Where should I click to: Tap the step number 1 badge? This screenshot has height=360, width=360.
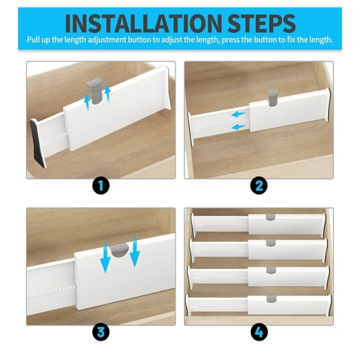[101, 185]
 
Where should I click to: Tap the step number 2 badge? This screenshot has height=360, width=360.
[259, 185]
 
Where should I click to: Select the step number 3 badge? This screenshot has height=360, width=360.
[101, 331]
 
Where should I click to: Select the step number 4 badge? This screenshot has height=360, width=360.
[259, 331]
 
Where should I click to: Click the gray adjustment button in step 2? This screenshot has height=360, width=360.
[272, 96]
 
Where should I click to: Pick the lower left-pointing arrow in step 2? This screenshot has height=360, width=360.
[239, 127]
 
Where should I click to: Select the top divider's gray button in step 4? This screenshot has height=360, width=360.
[269, 218]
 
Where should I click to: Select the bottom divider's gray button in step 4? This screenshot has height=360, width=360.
[269, 299]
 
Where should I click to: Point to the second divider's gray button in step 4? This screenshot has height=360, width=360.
[269, 243]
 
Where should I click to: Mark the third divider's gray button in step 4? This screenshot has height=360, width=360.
[269, 270]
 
